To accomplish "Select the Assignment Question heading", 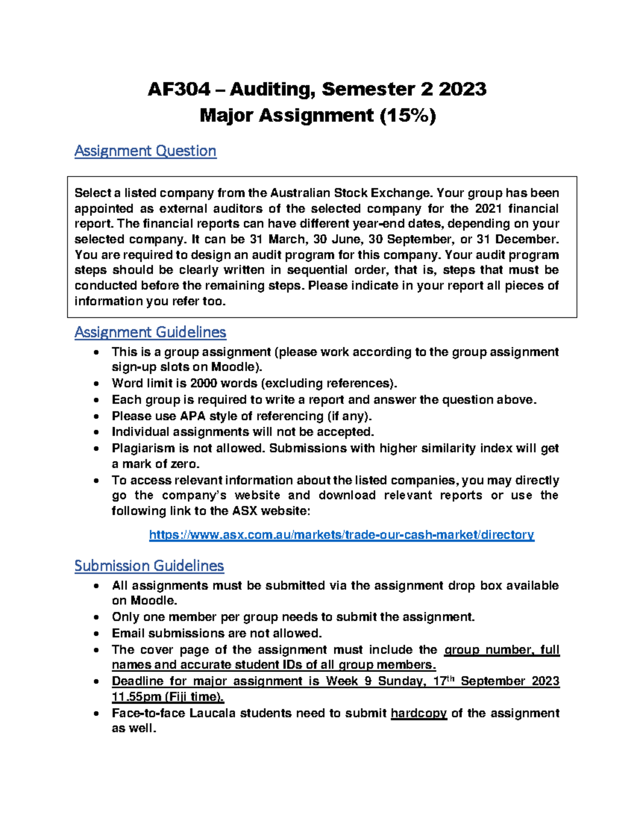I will click(145, 151).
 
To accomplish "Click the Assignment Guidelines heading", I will click(150, 333).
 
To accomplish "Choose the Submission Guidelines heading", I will click(149, 566).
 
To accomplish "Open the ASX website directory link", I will click(341, 535).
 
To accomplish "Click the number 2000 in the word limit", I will click(204, 383).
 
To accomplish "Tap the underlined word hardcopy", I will click(418, 713).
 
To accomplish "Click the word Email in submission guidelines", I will click(128, 633).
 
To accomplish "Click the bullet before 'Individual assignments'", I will click(96, 432).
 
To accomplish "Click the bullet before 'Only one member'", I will click(96, 617).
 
